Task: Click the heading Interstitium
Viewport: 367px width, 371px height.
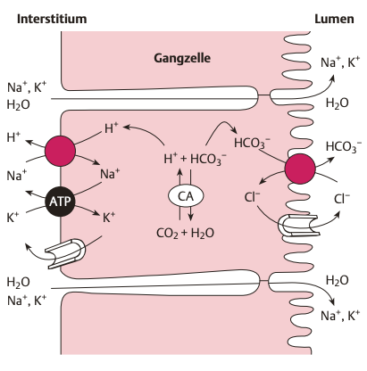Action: [52, 19]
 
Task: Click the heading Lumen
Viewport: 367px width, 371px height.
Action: [334, 19]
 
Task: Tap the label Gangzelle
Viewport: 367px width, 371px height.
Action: [182, 58]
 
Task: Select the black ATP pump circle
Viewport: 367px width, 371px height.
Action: [60, 202]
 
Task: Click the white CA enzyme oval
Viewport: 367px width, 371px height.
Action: [186, 196]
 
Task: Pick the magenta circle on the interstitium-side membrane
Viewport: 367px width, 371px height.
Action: [60, 151]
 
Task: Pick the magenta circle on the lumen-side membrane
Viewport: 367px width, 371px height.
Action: [300, 169]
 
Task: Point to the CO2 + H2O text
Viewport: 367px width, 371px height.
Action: [185, 233]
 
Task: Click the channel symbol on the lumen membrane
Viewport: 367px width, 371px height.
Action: [298, 226]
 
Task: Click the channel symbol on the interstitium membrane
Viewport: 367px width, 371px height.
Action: [66, 253]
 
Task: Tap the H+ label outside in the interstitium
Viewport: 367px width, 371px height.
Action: [13, 137]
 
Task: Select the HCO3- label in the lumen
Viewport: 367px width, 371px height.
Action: [344, 147]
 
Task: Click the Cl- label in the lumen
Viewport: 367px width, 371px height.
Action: [342, 199]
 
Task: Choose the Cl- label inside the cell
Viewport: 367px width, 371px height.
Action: [252, 197]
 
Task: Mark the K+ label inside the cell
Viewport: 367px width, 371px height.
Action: [109, 218]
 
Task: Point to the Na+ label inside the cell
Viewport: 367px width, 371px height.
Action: [110, 174]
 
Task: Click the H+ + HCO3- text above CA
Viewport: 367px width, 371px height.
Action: [195, 159]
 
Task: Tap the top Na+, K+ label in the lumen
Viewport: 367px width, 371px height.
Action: [340, 62]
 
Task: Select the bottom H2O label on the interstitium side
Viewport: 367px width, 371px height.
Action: [18, 282]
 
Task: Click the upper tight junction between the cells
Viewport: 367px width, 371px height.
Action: [263, 95]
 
